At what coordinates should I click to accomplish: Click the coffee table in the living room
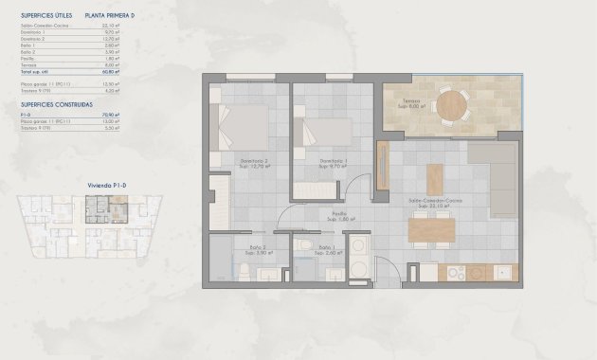pos(434,179)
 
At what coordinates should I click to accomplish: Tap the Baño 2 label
pos(251,251)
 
